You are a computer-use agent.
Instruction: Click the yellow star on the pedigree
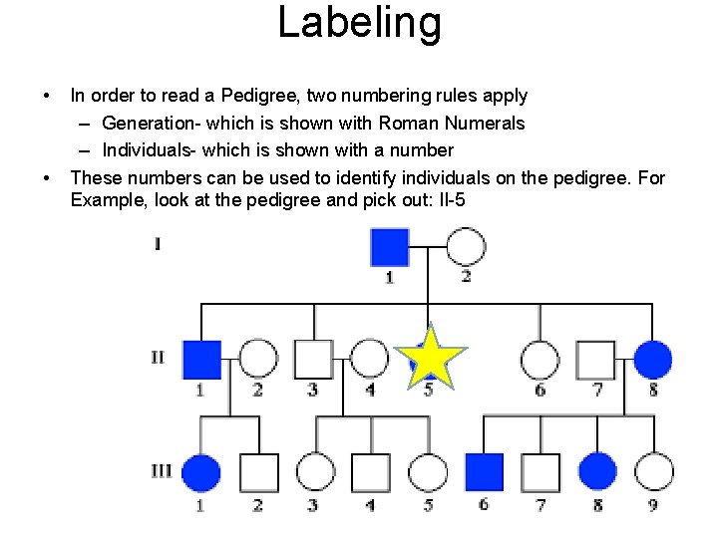[x=429, y=359]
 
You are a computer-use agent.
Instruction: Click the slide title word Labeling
[x=359, y=23]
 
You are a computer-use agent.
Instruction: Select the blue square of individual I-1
[x=389, y=247]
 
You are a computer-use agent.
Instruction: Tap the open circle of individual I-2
[x=466, y=247]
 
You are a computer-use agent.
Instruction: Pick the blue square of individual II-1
[x=201, y=360]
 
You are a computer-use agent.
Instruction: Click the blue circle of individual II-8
[x=653, y=360]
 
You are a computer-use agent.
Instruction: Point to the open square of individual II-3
[x=313, y=360]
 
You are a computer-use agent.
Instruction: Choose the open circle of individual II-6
[x=539, y=360]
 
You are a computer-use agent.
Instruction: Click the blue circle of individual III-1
[x=201, y=472]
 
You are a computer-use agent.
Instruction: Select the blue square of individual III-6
[x=485, y=472]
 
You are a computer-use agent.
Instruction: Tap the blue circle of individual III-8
[x=597, y=472]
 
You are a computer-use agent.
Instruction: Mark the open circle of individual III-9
[x=653, y=472]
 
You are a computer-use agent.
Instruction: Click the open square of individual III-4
[x=371, y=472]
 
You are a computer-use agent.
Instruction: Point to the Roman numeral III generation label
[x=162, y=470]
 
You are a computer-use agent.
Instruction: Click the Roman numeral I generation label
[x=158, y=244]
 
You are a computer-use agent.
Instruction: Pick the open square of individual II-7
[x=596, y=360]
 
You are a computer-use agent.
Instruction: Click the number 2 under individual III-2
[x=257, y=505]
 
